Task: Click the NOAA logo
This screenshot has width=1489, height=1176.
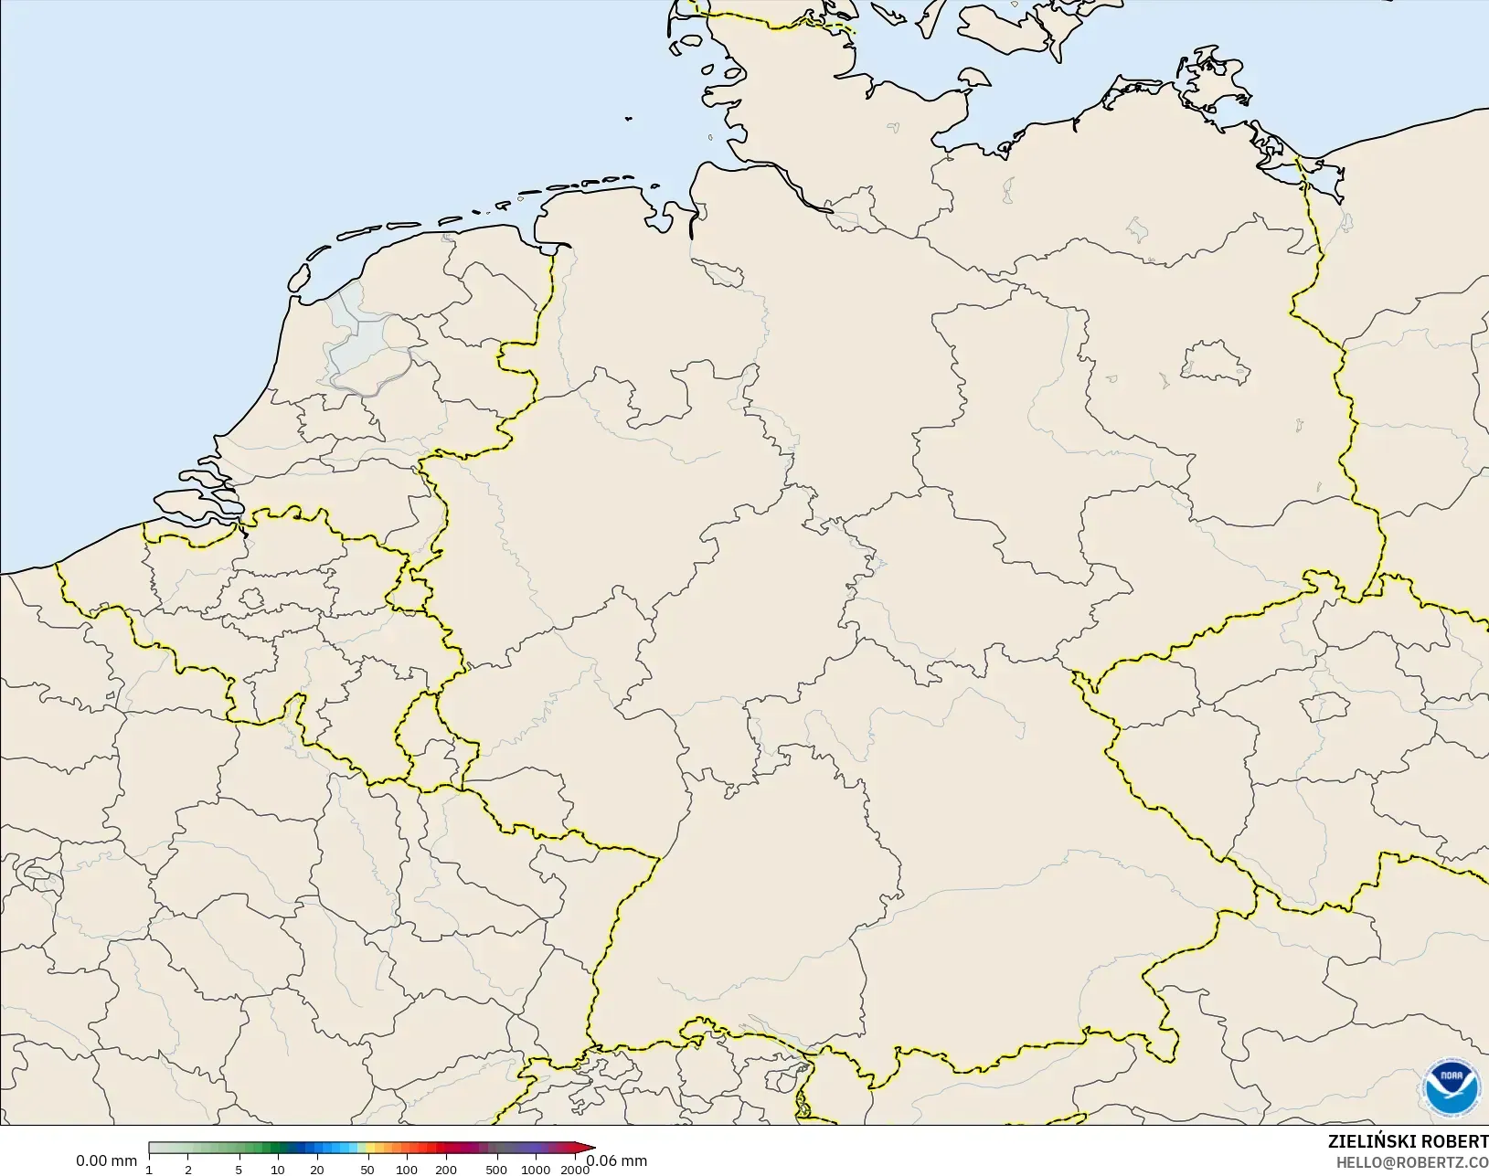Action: pos(1452,1088)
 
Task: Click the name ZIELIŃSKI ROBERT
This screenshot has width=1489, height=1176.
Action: pos(1408,1142)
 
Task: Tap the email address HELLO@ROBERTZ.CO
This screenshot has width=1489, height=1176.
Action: pos(1412,1162)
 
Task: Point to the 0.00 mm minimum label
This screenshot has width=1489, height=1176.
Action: pos(106,1161)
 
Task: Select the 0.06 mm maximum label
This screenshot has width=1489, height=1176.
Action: pos(616,1161)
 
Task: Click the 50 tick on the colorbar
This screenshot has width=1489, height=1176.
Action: pos(367,1170)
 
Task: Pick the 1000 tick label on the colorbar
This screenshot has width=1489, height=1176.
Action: pos(536,1170)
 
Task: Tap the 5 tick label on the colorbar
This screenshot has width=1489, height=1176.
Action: pos(239,1170)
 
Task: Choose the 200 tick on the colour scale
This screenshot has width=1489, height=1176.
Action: pos(446,1170)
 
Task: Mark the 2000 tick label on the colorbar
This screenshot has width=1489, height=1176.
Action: pos(574,1170)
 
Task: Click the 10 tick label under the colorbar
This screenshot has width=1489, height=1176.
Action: pos(277,1170)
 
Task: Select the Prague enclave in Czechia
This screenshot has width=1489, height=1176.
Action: pos(1324,706)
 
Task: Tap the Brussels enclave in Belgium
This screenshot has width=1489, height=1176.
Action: pos(252,599)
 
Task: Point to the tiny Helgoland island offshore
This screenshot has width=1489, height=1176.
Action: pos(629,118)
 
